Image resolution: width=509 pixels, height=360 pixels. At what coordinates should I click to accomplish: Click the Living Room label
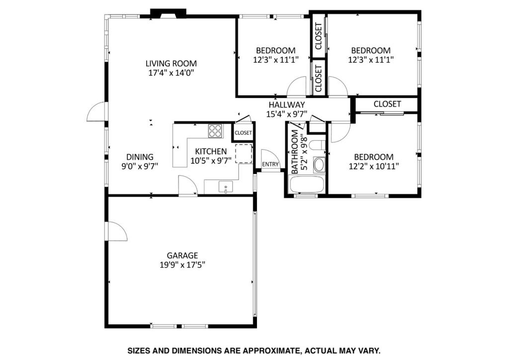(x=171, y=64)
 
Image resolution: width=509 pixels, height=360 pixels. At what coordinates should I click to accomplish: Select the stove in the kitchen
(x=215, y=131)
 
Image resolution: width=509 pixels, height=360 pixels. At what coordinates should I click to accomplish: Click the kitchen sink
(x=226, y=187)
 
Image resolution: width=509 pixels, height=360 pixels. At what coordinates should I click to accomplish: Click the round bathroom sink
(x=319, y=164)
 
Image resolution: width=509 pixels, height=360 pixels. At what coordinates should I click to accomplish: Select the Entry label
(x=270, y=165)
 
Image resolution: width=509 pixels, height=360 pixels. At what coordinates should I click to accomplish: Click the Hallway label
(x=287, y=105)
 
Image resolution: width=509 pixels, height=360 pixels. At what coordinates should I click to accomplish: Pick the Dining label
(x=139, y=157)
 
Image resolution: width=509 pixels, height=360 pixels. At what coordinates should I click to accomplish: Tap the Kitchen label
(x=211, y=152)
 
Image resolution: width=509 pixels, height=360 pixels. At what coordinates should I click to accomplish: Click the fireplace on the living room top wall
(x=168, y=13)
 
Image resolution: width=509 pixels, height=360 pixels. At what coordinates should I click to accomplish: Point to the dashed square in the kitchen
(x=244, y=153)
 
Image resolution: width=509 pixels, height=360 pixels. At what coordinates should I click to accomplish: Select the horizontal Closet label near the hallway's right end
(x=387, y=104)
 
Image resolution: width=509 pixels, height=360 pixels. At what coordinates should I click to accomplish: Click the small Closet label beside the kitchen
(x=243, y=133)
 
